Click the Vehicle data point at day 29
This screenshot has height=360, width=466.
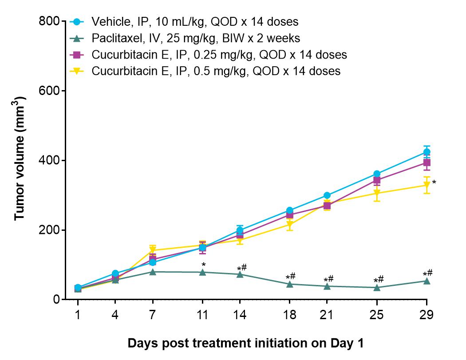tap(427, 152)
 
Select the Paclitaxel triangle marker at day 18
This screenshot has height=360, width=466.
tap(290, 284)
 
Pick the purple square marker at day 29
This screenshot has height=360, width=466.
tap(427, 162)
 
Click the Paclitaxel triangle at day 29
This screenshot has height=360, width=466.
tap(427, 281)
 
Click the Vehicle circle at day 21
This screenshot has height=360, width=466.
tap(327, 195)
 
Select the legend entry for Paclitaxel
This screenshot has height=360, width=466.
tap(196, 38)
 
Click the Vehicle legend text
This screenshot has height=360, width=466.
tap(195, 21)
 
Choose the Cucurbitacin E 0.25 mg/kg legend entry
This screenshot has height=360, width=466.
tap(219, 55)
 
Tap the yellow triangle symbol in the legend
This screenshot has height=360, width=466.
tap(77, 71)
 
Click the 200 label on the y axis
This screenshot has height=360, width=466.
tap(49, 230)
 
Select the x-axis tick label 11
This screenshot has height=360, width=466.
tap(202, 315)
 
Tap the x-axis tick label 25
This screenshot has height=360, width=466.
tap(376, 315)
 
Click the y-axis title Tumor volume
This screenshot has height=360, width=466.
tap(20, 158)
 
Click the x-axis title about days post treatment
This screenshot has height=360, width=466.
tap(245, 343)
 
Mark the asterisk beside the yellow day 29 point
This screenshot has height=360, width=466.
tap(434, 182)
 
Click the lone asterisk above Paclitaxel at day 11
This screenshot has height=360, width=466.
tap(204, 265)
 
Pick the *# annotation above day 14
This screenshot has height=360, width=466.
tap(242, 268)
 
